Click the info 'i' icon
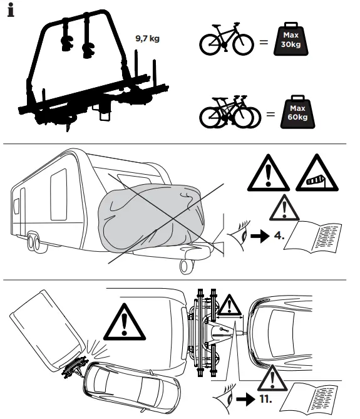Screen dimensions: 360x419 click(11, 10)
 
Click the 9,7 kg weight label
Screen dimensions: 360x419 click(147, 38)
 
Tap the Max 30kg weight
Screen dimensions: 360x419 click(291, 39)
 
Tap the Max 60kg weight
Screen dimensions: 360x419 click(297, 111)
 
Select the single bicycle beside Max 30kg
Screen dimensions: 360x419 click(227, 39)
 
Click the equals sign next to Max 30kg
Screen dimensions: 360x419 click(264, 42)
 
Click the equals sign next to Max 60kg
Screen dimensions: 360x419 click(270, 115)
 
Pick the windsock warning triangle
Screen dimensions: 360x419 click(317, 173)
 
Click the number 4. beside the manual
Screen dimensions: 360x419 click(279, 235)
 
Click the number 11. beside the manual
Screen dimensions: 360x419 click(265, 399)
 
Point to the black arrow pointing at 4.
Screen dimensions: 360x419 click(260, 236)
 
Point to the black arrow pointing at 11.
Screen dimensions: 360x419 click(245, 399)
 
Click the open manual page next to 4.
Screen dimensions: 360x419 click(312, 237)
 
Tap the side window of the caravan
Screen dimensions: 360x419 click(58, 195)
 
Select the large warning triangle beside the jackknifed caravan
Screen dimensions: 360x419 click(125, 322)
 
